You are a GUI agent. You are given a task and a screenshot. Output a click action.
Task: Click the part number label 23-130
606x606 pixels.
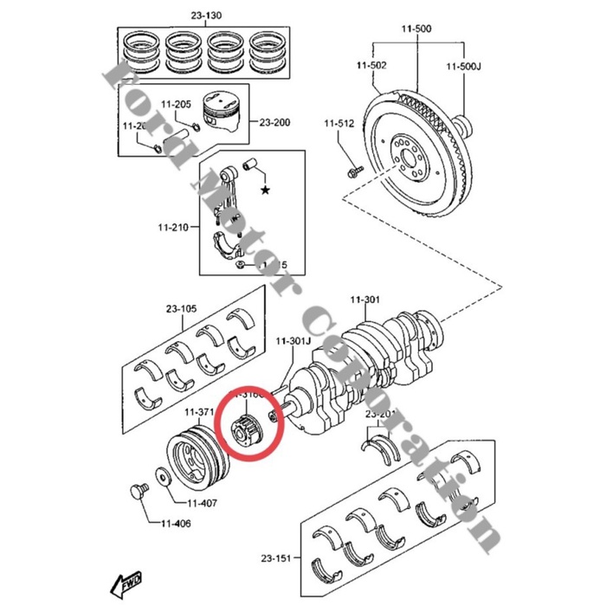pyautogui.click(x=207, y=16)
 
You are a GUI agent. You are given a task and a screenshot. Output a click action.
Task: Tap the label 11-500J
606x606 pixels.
pyautogui.click(x=463, y=66)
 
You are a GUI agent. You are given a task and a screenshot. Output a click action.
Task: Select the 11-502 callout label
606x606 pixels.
pyautogui.click(x=372, y=66)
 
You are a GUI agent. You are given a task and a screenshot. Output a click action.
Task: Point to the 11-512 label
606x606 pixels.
pyautogui.click(x=340, y=124)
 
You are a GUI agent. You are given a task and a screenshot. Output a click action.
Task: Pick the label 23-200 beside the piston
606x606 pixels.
pyautogui.click(x=274, y=122)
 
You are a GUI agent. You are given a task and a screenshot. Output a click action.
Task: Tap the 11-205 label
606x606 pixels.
pyautogui.click(x=177, y=105)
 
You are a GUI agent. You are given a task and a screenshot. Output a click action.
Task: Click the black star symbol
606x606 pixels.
pyautogui.click(x=265, y=188)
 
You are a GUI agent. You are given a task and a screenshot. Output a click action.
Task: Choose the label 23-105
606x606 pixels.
pyautogui.click(x=183, y=307)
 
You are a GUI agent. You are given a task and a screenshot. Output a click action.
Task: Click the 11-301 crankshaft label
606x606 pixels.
pyautogui.click(x=364, y=300)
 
